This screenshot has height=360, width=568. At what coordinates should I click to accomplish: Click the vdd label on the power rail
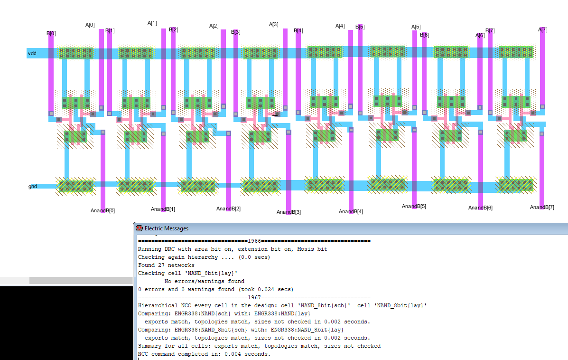[x=32, y=53]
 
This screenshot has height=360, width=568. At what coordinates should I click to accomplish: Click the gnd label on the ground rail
[x=33, y=186]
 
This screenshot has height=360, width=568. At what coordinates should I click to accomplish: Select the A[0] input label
[x=90, y=25]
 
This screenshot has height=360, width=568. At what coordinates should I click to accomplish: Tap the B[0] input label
[x=51, y=33]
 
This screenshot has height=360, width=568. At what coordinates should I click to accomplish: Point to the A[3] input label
[x=273, y=24]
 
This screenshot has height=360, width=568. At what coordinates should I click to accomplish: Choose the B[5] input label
[x=360, y=27]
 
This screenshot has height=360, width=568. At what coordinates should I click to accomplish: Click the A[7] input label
[x=543, y=30]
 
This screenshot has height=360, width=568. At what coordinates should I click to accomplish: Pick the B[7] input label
[x=490, y=31]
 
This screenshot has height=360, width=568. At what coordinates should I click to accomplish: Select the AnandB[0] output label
[x=102, y=211]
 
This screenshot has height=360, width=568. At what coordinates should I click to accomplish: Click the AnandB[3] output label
[x=289, y=212]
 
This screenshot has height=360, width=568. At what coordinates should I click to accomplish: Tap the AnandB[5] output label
[x=414, y=206]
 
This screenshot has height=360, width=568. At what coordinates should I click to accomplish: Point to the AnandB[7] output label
[x=542, y=208]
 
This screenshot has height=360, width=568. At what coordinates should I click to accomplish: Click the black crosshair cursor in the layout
[x=275, y=115]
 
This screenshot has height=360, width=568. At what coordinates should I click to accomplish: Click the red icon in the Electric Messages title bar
[x=139, y=228]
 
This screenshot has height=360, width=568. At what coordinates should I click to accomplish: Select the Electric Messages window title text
[x=167, y=228]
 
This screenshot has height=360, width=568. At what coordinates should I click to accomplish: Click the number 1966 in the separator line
[x=254, y=241]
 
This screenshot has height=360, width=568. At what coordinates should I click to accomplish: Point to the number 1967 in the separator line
[x=254, y=297]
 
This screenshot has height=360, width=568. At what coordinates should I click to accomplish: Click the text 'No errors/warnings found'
[x=205, y=281]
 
